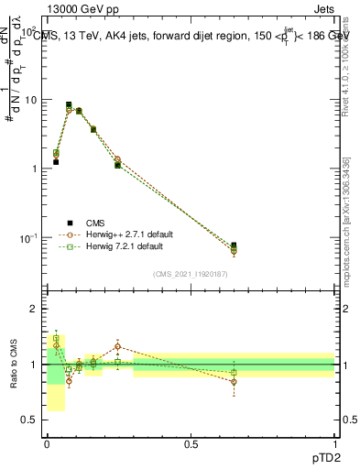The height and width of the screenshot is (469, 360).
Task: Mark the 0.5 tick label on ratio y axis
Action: pyautogui.click(x=30, y=421)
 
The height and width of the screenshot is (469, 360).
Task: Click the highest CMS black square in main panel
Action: pyautogui.click(x=69, y=104)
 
